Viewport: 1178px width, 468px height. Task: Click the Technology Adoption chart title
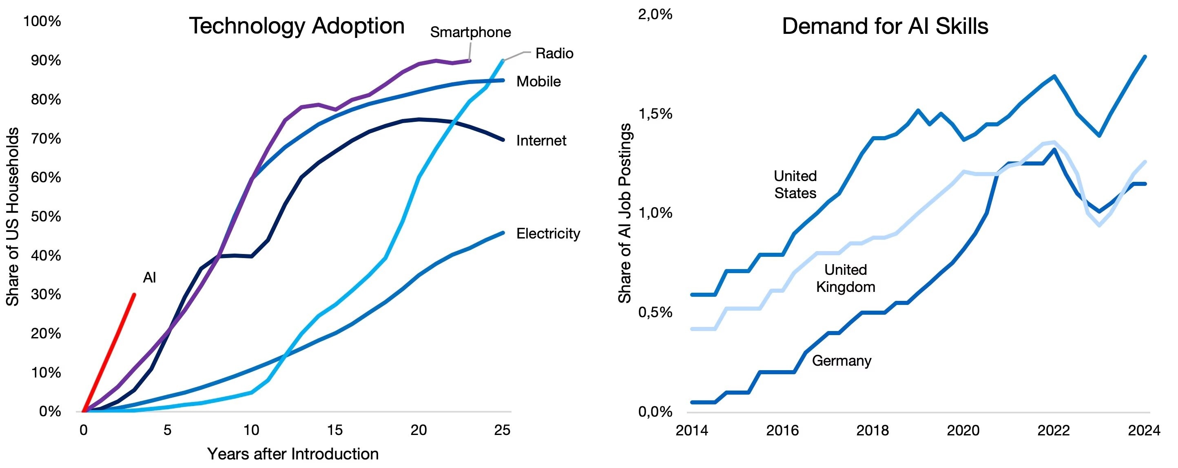(x=297, y=26)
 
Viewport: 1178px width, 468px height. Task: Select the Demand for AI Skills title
(x=885, y=26)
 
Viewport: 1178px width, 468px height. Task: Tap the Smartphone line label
(x=470, y=33)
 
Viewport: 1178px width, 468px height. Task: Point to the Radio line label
(x=554, y=53)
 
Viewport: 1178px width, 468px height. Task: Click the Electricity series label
(x=548, y=234)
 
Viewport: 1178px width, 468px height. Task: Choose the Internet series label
(x=541, y=140)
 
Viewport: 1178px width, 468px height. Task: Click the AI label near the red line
(x=150, y=278)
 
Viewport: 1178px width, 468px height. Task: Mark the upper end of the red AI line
(x=134, y=294)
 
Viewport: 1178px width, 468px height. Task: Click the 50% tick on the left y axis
(x=46, y=216)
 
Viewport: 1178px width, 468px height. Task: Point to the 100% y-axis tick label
(x=42, y=21)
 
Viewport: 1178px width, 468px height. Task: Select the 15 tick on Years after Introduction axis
(x=335, y=430)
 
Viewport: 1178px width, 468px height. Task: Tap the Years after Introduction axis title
(x=293, y=454)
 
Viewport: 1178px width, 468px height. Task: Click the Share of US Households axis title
(x=12, y=216)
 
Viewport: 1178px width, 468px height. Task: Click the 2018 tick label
(x=872, y=430)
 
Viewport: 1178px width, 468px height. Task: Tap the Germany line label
(x=841, y=361)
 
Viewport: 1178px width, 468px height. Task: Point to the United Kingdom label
(x=846, y=278)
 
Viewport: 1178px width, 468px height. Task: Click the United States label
(x=795, y=184)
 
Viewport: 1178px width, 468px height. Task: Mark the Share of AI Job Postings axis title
(x=624, y=213)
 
